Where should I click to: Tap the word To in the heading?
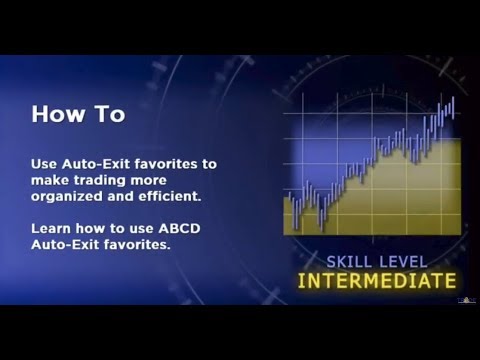point(111,114)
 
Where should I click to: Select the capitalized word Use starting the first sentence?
point(45,162)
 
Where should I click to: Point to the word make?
point(51,178)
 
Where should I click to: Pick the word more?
point(162,178)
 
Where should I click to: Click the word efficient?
point(176,194)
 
